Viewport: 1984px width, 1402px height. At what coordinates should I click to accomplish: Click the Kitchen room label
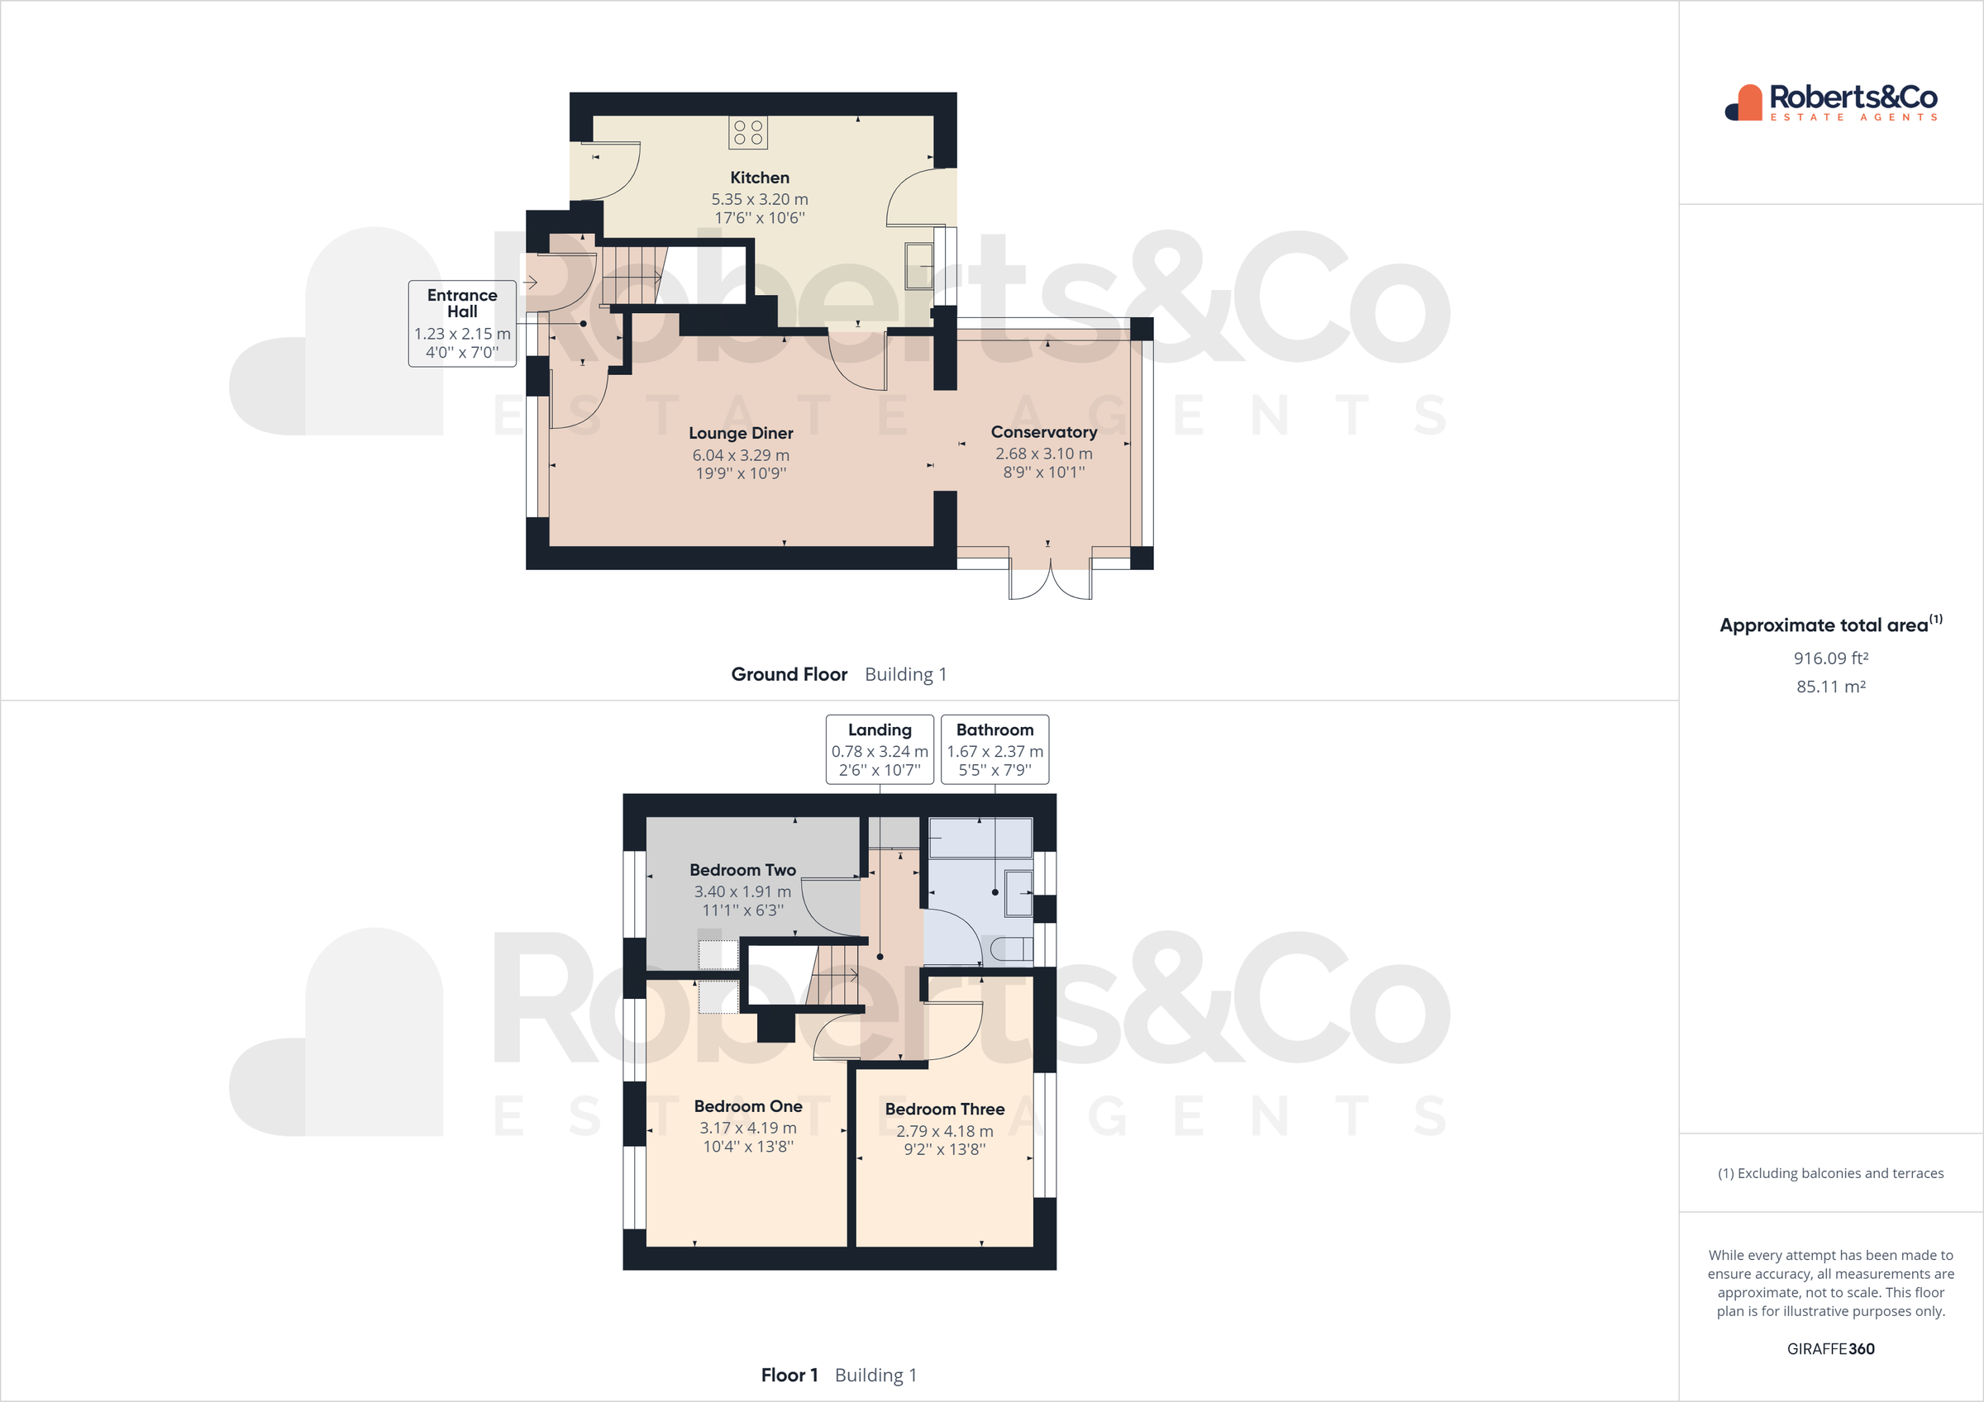[760, 178]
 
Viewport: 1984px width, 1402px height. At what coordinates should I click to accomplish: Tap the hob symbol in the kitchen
[747, 132]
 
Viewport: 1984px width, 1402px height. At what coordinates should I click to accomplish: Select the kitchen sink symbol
[918, 265]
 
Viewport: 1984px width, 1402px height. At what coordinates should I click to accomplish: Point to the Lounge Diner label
[741, 433]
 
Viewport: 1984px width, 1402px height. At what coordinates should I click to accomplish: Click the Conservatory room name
[1043, 432]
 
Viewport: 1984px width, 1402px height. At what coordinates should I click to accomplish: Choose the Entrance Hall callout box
[462, 323]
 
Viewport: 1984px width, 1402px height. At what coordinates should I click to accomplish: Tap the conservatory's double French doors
[1050, 580]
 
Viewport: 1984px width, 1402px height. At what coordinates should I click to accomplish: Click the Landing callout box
[879, 749]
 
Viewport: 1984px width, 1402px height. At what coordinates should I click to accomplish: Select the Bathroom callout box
[994, 749]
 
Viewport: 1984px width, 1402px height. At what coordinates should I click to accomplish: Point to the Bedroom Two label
[742, 870]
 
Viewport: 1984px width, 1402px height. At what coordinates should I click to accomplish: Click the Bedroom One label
[747, 1106]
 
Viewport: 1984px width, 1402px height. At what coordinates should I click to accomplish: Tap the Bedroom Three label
[945, 1110]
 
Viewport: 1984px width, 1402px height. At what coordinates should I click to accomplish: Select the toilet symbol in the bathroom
[1011, 949]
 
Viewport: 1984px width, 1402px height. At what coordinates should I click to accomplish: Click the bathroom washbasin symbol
[1018, 892]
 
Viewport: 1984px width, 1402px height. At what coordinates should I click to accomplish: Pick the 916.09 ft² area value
[1830, 658]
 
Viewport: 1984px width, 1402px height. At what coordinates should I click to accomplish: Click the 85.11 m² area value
[1830, 687]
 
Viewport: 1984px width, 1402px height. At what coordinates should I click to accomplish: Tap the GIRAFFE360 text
[1830, 1348]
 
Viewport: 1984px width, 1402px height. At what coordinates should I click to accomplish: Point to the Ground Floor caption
[789, 674]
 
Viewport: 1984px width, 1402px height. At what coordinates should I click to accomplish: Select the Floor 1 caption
[789, 1375]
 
